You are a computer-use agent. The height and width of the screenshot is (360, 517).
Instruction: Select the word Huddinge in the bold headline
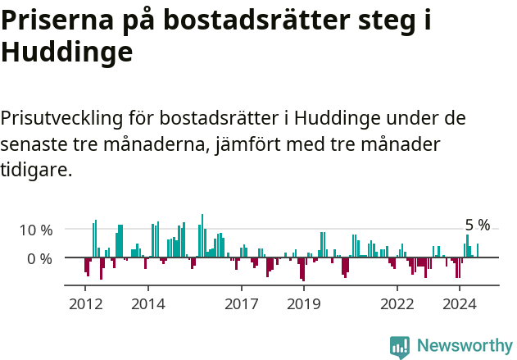tap(66, 52)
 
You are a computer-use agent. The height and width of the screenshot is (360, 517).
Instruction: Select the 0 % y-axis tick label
tap(40, 258)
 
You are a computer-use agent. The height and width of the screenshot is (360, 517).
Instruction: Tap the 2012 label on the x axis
tap(85, 304)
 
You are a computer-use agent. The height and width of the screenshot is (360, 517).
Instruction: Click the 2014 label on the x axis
tap(147, 304)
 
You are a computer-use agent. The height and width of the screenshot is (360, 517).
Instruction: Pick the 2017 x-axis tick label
tap(241, 304)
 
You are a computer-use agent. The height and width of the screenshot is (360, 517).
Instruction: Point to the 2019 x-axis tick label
tap(303, 304)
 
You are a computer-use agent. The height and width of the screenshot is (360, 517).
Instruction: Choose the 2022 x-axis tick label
tap(397, 304)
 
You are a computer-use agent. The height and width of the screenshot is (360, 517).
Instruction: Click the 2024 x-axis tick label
tap(460, 304)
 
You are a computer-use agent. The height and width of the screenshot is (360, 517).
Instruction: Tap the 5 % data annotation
tap(477, 225)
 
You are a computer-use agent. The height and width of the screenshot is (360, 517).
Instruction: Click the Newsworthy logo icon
tap(400, 346)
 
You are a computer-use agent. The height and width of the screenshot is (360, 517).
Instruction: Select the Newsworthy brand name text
tap(464, 346)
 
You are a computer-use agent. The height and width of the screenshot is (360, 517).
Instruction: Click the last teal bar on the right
tap(478, 250)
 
